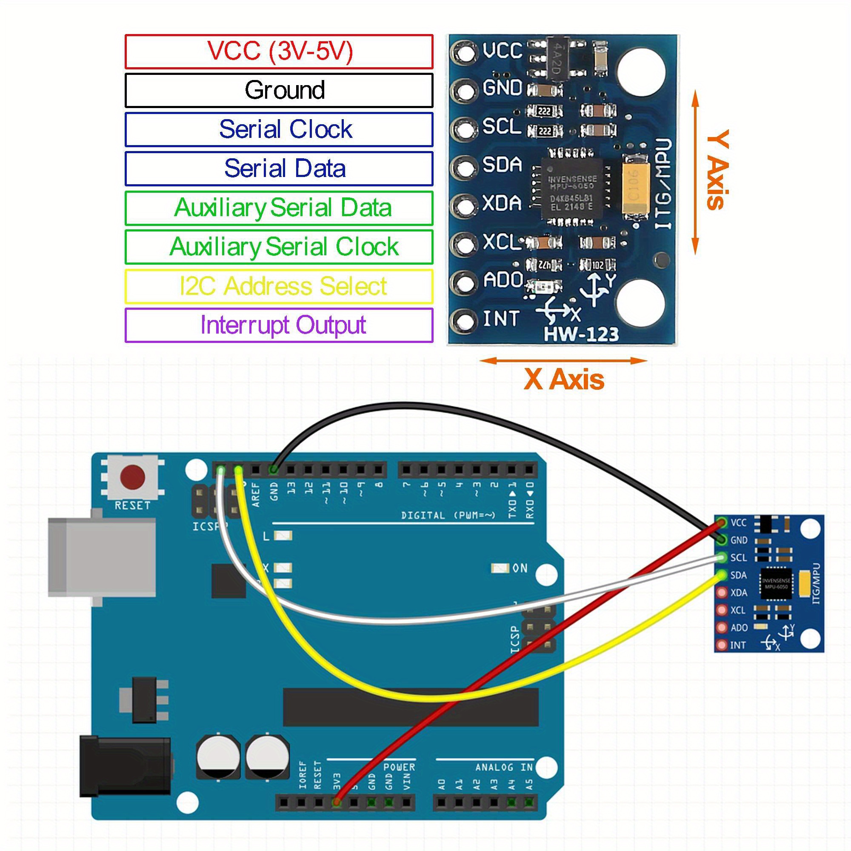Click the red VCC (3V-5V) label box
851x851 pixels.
point(279,51)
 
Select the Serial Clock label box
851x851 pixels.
point(279,129)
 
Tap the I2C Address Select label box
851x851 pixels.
point(279,286)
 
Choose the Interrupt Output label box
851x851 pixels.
point(279,325)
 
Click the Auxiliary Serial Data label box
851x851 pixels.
point(279,208)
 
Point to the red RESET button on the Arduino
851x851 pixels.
point(133,477)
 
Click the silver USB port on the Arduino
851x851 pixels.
point(102,558)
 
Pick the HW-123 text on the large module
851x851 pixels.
point(581,334)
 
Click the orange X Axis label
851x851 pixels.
point(564,379)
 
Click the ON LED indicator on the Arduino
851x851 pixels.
point(500,568)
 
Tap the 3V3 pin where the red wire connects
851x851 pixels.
point(337,802)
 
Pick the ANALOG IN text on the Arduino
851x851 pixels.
point(504,767)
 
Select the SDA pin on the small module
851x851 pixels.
point(722,575)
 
